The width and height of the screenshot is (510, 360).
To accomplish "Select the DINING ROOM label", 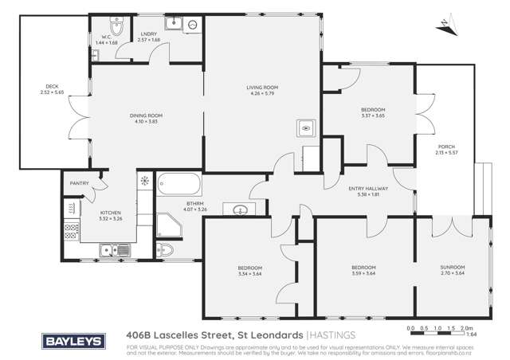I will coord(146,115).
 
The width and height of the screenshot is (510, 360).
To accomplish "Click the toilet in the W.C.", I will coord(116,29).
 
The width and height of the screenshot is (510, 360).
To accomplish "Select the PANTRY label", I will coord(79,183).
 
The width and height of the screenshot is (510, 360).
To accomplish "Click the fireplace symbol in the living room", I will coord(306,126).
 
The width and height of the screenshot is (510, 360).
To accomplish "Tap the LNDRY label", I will coord(149,34).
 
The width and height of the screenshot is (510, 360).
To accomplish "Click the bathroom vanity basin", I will coord(241,210).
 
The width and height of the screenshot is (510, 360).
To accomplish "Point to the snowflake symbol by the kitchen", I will coord(144,180).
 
